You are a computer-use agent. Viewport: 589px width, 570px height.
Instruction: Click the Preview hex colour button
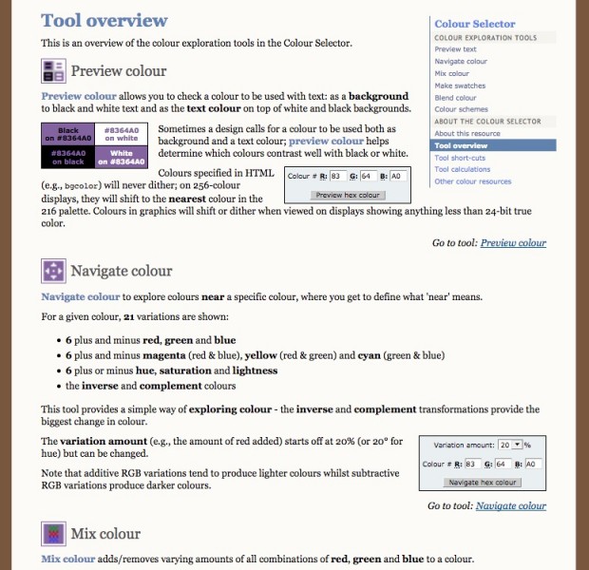click(348, 195)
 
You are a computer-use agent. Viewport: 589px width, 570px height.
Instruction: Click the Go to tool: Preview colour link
click(513, 243)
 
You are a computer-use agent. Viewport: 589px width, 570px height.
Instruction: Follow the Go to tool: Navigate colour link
click(510, 506)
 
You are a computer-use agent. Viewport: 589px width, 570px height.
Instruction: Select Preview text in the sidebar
click(455, 49)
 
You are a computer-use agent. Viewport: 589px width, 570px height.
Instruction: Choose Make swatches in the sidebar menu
click(460, 85)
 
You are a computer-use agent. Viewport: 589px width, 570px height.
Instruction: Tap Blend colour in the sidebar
click(455, 98)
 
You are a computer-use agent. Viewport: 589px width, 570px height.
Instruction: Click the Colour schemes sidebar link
click(461, 109)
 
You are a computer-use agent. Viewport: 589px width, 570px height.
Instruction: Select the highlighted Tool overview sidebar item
click(461, 146)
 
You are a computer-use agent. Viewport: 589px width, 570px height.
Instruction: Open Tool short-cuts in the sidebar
click(462, 158)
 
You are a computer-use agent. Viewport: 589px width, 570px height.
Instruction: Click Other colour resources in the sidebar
click(472, 181)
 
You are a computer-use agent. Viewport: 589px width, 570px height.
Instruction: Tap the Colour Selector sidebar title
click(475, 24)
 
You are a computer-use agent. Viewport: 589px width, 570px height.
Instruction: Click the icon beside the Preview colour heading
click(53, 70)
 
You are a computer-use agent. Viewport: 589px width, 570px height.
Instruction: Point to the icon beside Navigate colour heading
click(53, 271)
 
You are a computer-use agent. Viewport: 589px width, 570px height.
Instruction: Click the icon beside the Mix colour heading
click(53, 533)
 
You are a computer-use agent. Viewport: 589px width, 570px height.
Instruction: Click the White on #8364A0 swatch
click(121, 156)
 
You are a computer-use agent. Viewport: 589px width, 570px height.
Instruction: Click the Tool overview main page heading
click(104, 20)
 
